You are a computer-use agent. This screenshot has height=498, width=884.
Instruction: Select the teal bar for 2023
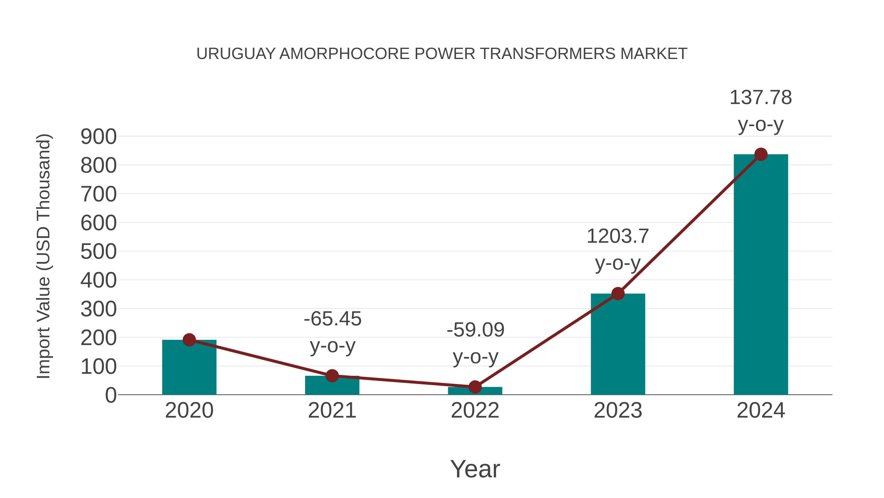[x=618, y=344]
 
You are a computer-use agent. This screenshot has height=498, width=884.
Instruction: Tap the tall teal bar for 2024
[x=761, y=275]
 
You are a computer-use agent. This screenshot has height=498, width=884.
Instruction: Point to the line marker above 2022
[x=475, y=387]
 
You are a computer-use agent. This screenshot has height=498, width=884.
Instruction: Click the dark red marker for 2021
[x=332, y=376]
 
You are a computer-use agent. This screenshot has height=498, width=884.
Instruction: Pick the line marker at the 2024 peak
[x=761, y=154]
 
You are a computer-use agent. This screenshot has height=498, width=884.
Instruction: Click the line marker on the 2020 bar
[x=189, y=340]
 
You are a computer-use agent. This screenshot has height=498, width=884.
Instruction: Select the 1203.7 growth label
[x=618, y=236]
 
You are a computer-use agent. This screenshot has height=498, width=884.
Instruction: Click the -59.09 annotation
[x=475, y=330]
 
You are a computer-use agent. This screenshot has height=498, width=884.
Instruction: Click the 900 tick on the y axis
[x=98, y=137]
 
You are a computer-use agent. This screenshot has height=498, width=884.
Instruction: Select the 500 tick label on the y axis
[x=98, y=252]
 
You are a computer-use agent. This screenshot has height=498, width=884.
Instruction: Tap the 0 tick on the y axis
[x=110, y=395]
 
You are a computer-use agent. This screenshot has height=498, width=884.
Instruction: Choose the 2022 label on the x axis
[x=475, y=410]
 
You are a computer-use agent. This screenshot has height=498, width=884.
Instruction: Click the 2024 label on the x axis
[x=761, y=410]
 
